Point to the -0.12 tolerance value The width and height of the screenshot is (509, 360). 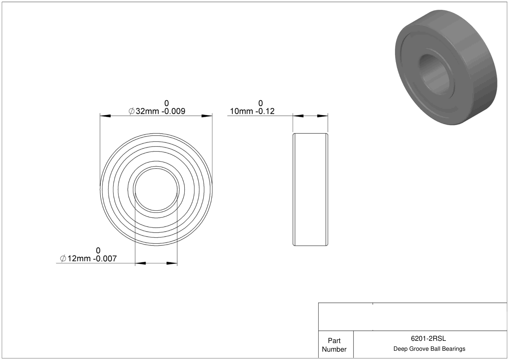pyautogui.click(x=265, y=111)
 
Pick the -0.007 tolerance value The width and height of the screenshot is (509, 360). pyautogui.click(x=105, y=259)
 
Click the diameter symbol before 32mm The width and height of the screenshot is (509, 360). pyautogui.click(x=131, y=111)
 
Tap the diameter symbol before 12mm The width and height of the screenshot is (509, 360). pyautogui.click(x=63, y=259)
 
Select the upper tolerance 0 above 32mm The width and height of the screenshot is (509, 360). pyautogui.click(x=167, y=103)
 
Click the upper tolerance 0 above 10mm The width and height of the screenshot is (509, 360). pyautogui.click(x=261, y=103)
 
